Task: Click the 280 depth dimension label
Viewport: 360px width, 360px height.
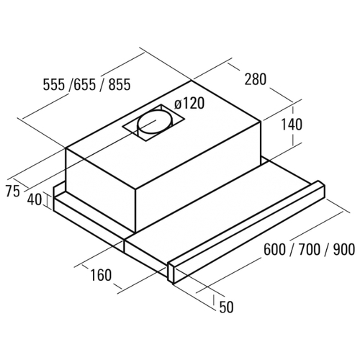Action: pyautogui.click(x=256, y=79)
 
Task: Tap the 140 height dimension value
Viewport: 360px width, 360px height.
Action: pyautogui.click(x=292, y=125)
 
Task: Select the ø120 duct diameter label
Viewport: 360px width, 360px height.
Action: pyautogui.click(x=189, y=103)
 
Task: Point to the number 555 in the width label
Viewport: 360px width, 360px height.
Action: pyautogui.click(x=54, y=84)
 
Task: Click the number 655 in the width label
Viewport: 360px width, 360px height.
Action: pyautogui.click(x=85, y=84)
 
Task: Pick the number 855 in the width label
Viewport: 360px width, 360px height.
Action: pyautogui.click(x=120, y=84)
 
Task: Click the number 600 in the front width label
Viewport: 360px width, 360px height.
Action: pyautogui.click(x=275, y=249)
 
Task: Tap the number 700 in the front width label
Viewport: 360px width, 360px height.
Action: pyautogui.click(x=310, y=249)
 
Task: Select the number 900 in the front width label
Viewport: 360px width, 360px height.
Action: pyautogui.click(x=343, y=249)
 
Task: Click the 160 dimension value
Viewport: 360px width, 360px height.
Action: pyautogui.click(x=101, y=275)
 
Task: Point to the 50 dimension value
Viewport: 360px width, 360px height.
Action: pyautogui.click(x=226, y=307)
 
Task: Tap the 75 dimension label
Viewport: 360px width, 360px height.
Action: pyautogui.click(x=12, y=192)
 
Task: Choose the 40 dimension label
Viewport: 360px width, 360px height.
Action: pyautogui.click(x=35, y=199)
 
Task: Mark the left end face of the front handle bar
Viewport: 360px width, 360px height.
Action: pyautogui.click(x=172, y=273)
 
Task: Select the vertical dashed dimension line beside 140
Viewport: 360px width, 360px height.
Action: pyautogui.click(x=293, y=127)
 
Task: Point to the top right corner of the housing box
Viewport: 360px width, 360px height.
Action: pyautogui.click(x=261, y=122)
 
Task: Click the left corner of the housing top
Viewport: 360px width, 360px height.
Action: pyautogui.click(x=66, y=148)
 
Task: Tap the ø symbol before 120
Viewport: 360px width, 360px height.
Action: pyautogui.click(x=179, y=104)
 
